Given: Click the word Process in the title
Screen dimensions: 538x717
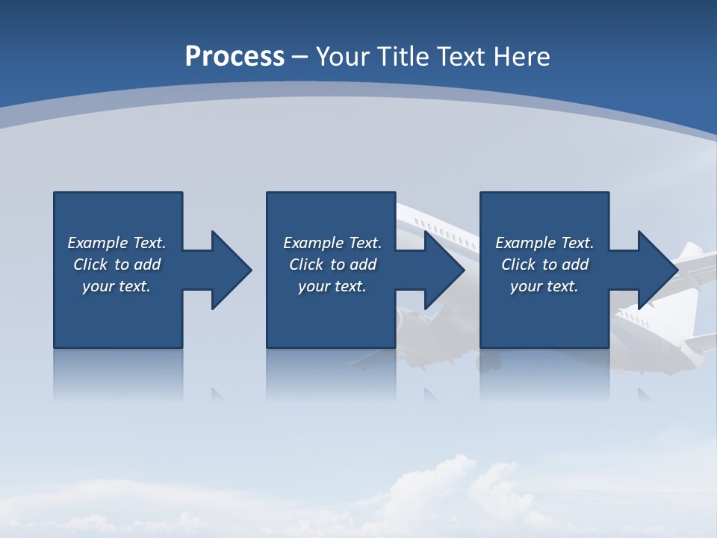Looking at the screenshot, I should pos(235,57).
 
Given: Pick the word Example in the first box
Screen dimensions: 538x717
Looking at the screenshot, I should pos(98,243).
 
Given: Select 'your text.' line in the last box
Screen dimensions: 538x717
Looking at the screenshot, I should pos(544,286).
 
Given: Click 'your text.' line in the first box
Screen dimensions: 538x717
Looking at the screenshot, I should pos(117,286).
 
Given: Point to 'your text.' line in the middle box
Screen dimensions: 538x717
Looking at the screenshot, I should pos(332,286).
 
